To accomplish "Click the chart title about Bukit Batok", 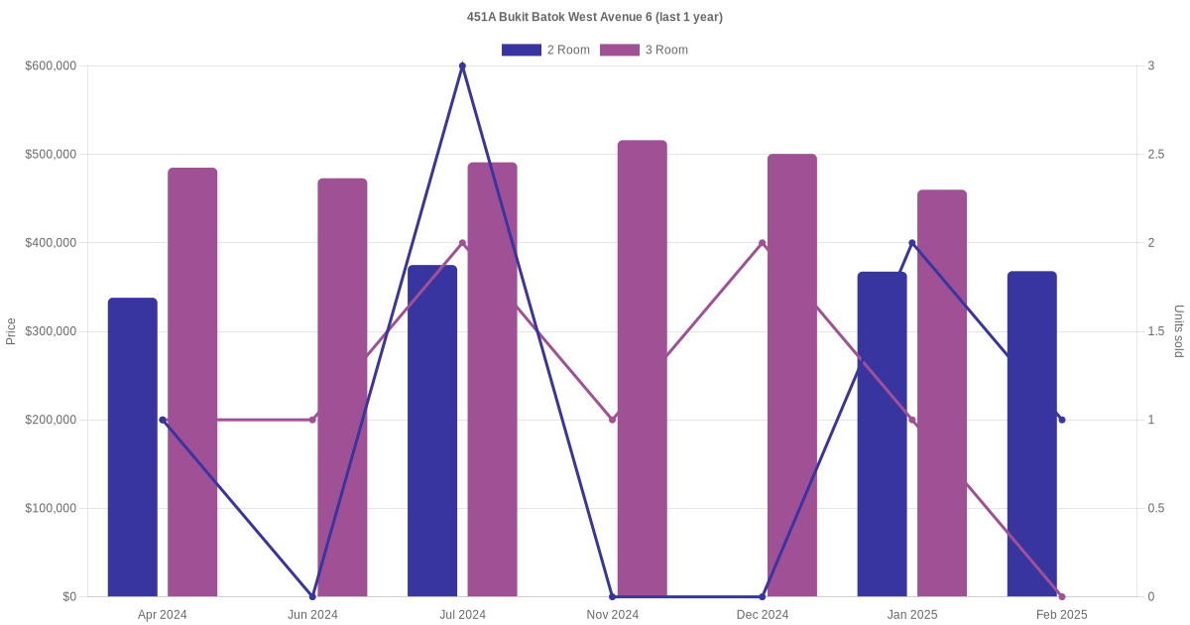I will point(595,17).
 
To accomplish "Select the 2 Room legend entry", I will point(545,50).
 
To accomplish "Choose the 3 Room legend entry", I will point(644,50).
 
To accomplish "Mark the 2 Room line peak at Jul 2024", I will point(462,66).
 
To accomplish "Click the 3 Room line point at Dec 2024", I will point(763,243).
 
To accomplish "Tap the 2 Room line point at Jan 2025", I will point(912,243).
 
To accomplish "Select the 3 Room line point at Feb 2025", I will point(1062,596).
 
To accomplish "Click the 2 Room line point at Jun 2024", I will point(312,596).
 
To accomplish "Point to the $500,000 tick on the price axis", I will point(51,155).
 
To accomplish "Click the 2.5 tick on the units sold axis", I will point(1156,155).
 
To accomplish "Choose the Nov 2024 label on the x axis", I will point(613,615).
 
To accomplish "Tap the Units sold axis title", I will point(1179,331).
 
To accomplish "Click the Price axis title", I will point(11,331).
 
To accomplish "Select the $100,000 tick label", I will point(51,509).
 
